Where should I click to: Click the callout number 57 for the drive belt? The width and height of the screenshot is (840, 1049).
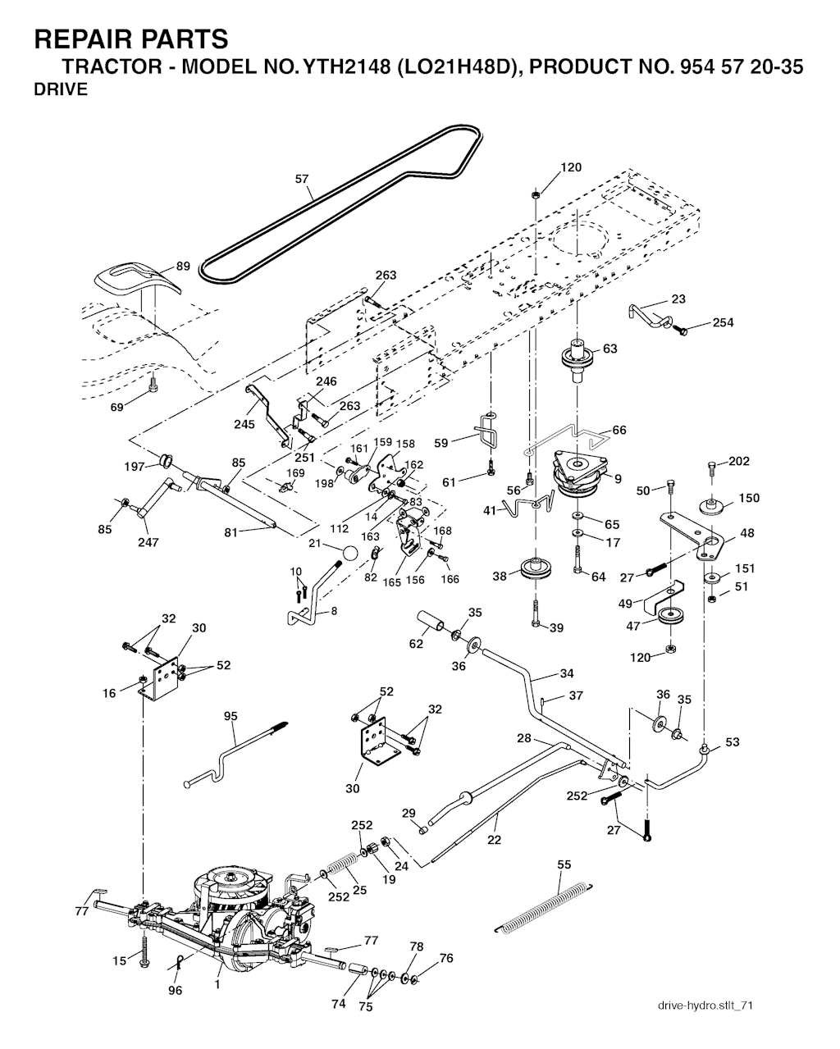point(302,179)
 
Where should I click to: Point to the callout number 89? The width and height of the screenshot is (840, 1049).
point(183,267)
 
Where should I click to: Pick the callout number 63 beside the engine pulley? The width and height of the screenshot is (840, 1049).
point(609,349)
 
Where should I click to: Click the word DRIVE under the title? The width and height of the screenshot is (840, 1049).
point(61,89)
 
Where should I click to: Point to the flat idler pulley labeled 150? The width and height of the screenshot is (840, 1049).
point(712,505)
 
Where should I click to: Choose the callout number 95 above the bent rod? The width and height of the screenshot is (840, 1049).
point(231,716)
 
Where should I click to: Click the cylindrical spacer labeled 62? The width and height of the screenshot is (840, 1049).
point(430,621)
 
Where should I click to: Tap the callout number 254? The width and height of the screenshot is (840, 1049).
point(723,322)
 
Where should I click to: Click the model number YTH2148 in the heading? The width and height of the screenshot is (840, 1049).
point(347,66)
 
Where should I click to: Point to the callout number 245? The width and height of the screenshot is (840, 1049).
point(244,424)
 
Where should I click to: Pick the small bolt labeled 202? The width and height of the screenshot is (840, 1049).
point(712,469)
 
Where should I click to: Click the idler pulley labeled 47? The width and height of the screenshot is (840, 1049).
point(670,616)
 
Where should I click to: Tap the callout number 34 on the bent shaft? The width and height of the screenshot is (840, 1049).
point(567,673)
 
